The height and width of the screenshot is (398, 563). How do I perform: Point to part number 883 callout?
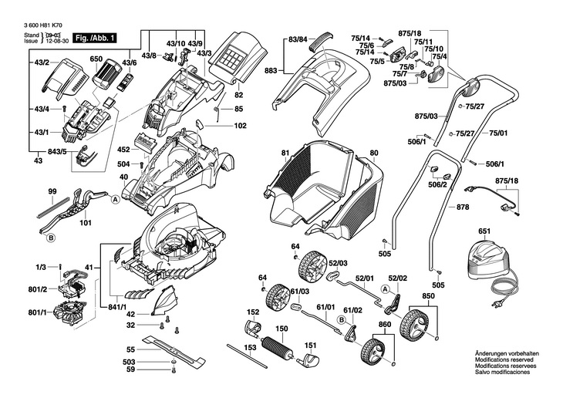tap(270, 71)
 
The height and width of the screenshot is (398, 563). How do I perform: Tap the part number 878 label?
tap(463, 207)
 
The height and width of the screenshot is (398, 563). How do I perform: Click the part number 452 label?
tap(123, 150)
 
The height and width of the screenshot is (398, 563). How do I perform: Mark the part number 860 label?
tap(384, 325)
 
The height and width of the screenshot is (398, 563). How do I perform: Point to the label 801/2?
tap(38, 289)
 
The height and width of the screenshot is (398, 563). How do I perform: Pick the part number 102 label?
tap(240, 125)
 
